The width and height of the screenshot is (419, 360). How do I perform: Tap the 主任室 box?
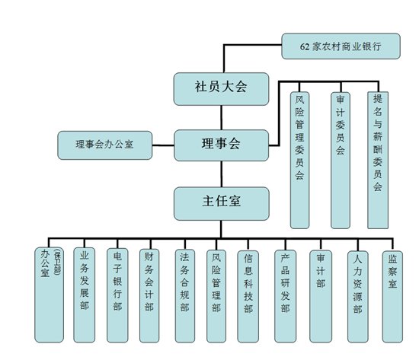point(220,202)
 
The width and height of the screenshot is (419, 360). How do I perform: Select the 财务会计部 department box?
point(152,293)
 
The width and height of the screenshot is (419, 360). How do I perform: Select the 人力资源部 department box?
point(358,293)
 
